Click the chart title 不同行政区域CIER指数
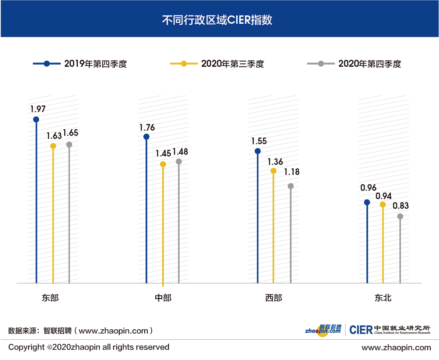[x=219, y=20]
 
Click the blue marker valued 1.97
[x=36, y=119]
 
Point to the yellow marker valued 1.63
[x=53, y=146]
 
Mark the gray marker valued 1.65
[x=69, y=145]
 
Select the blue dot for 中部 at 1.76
[x=146, y=137]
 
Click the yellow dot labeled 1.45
[x=163, y=164]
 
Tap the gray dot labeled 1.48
[x=179, y=161]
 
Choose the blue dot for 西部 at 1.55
[x=257, y=151]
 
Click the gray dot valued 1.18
[x=290, y=186]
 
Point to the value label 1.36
[x=275, y=162]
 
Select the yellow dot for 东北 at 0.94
[x=383, y=204]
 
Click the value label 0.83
[x=401, y=205]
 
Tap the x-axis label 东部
[x=51, y=298]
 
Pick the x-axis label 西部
[x=274, y=298]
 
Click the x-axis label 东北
[x=383, y=298]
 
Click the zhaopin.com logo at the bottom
[x=323, y=330]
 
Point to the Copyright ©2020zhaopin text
[x=89, y=347]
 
